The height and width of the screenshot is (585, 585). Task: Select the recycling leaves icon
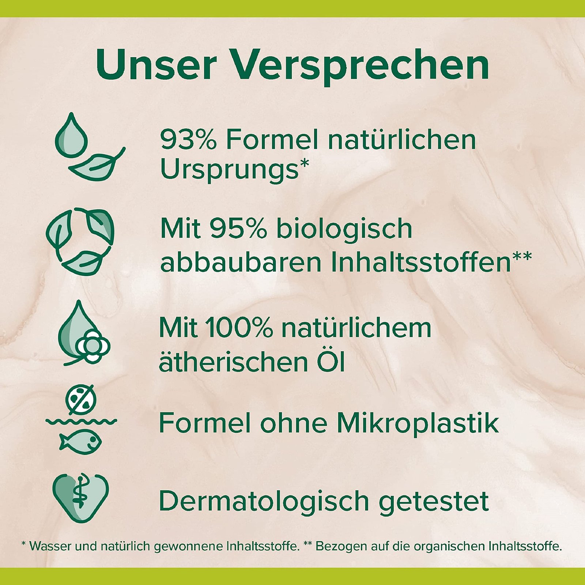(80, 241)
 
